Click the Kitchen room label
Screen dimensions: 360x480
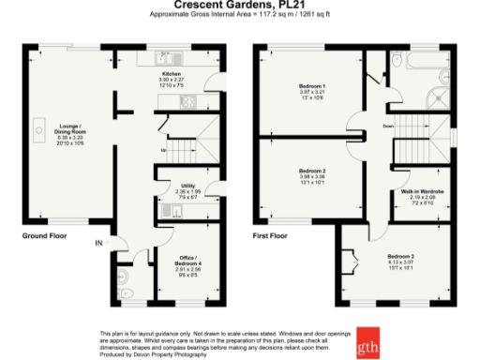point(172,73)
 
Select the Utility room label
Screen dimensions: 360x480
point(187,186)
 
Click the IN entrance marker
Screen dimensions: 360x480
point(98,244)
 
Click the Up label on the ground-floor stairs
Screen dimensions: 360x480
point(164,149)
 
